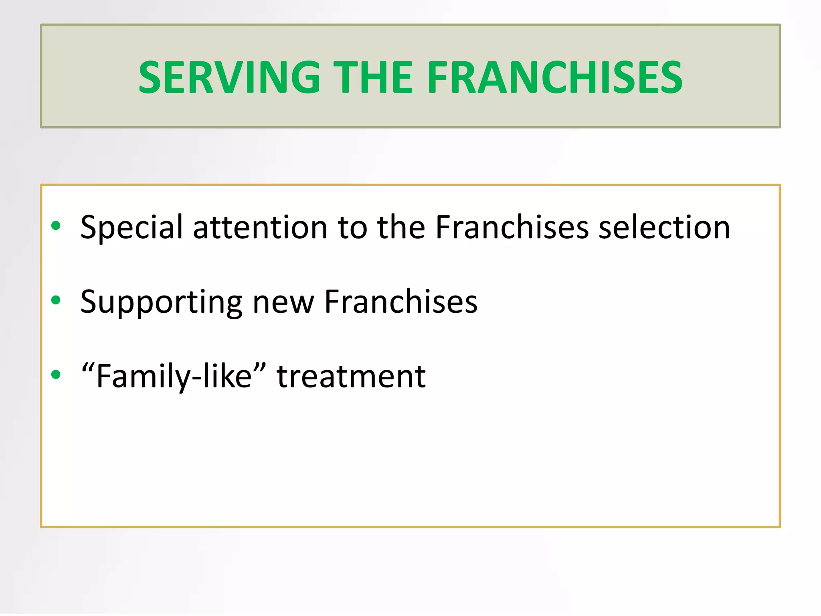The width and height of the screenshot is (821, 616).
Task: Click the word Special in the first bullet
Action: tap(131, 227)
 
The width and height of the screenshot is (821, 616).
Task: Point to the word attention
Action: tap(260, 227)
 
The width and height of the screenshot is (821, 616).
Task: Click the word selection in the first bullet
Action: tap(664, 227)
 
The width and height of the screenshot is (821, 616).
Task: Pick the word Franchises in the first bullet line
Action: tap(512, 227)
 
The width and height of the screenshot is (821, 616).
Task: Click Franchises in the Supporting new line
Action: tap(401, 302)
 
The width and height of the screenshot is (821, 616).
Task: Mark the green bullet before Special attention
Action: tap(56, 226)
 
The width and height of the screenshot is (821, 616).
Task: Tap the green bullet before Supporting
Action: tap(56, 300)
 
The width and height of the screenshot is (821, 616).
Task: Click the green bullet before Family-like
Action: tap(56, 375)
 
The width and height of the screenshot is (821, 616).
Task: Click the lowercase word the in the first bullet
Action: tap(401, 227)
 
